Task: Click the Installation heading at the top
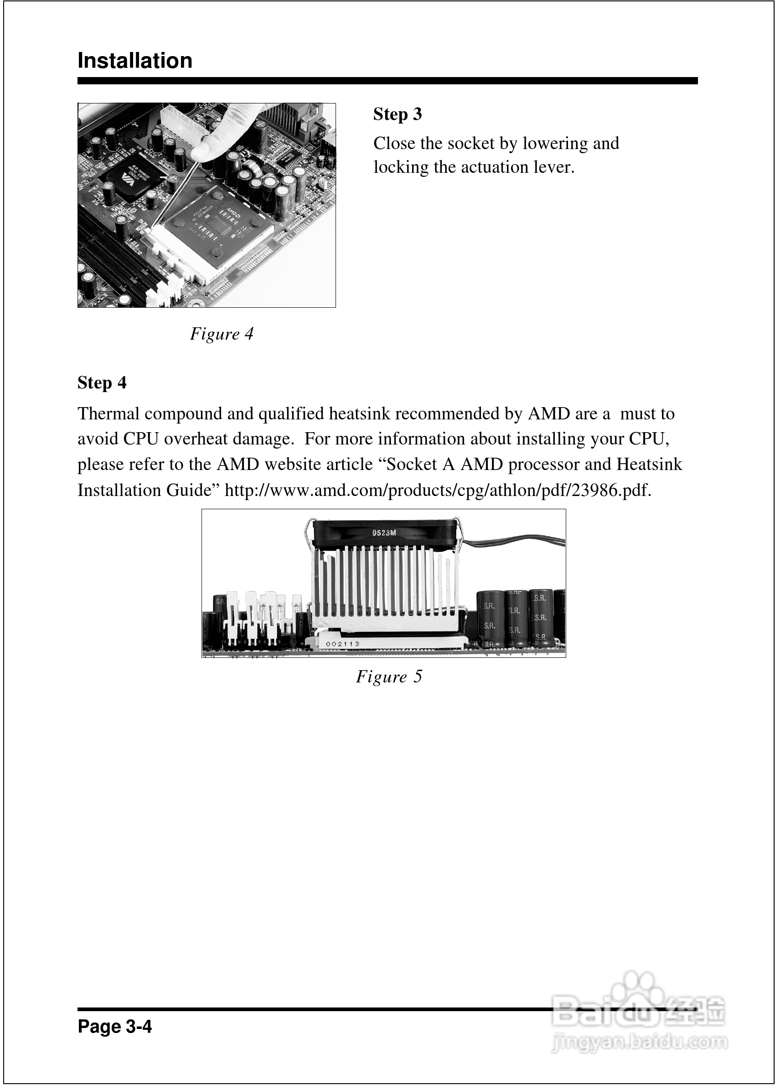pyautogui.click(x=134, y=61)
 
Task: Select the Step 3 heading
pyautogui.click(x=398, y=114)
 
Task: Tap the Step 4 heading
pyautogui.click(x=102, y=383)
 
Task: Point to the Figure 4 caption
pyautogui.click(x=222, y=334)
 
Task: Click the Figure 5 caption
pyautogui.click(x=389, y=677)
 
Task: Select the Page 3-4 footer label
pyautogui.click(x=114, y=1026)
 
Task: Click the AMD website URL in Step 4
pyautogui.click(x=438, y=491)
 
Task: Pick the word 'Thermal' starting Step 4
pyautogui.click(x=108, y=413)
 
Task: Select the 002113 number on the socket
pyautogui.click(x=342, y=644)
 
